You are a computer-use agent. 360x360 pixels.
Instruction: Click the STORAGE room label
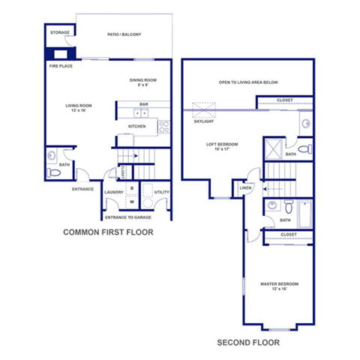pos(59,34)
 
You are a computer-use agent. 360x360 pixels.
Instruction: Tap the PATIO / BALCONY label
pos(124,34)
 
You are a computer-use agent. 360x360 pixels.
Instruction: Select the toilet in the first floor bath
pos(51,173)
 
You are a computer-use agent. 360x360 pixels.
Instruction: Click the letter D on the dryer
pos(132,188)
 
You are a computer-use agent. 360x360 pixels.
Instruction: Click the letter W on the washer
pos(132,201)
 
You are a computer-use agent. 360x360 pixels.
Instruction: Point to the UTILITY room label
pos(161,193)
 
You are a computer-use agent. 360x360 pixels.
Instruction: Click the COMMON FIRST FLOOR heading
pos(108,232)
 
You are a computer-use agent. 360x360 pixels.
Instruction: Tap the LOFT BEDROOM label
pos(222,145)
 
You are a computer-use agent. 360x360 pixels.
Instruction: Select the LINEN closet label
pos(245,187)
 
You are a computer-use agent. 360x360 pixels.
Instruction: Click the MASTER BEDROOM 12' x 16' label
pos(279,286)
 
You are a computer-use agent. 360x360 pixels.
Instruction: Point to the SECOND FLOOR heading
pos(247,343)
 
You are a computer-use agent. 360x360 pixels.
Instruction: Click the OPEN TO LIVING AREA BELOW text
pos(248,82)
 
